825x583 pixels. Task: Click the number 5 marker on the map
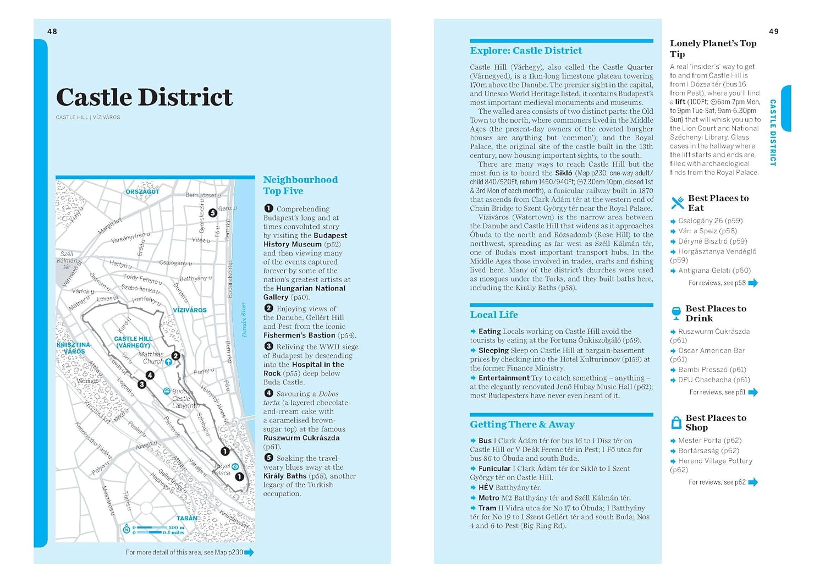(x=212, y=213)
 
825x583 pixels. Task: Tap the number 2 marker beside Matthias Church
(x=175, y=356)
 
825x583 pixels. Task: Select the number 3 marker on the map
(x=142, y=384)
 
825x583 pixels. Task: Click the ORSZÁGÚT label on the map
(x=142, y=191)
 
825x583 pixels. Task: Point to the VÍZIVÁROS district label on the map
(x=190, y=310)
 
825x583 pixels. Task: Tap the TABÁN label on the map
(x=187, y=518)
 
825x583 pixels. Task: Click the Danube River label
(x=244, y=320)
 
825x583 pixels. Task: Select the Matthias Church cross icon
(x=168, y=362)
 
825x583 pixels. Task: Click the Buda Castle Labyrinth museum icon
(x=167, y=391)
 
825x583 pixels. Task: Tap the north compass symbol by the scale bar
(x=127, y=530)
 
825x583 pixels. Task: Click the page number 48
(x=52, y=31)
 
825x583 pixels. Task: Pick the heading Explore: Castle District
(x=525, y=51)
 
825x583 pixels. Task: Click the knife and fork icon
(x=678, y=203)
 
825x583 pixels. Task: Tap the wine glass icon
(x=676, y=313)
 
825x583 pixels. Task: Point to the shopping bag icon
(x=676, y=422)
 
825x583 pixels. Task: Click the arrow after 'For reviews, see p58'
(x=753, y=283)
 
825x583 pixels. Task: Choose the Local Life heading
(x=493, y=315)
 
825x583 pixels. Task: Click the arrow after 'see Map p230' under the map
(x=249, y=552)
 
